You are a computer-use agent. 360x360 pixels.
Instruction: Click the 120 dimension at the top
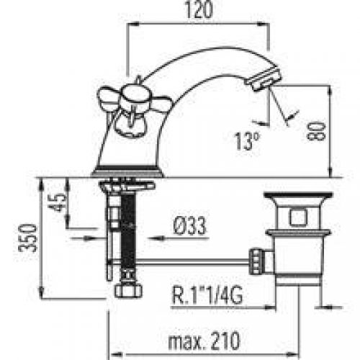point(199,9)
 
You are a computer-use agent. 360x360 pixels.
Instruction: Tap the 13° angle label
point(247,141)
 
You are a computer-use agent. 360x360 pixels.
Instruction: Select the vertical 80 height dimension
point(317,131)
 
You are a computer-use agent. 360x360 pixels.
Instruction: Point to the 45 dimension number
point(58,203)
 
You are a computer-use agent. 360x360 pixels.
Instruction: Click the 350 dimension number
point(28,238)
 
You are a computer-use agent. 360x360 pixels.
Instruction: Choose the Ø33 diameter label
point(190,225)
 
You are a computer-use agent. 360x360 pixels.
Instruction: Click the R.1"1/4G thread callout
point(207,295)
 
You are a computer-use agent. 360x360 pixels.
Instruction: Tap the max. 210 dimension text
point(204,341)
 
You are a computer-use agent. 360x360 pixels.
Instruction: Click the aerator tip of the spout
point(263,78)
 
